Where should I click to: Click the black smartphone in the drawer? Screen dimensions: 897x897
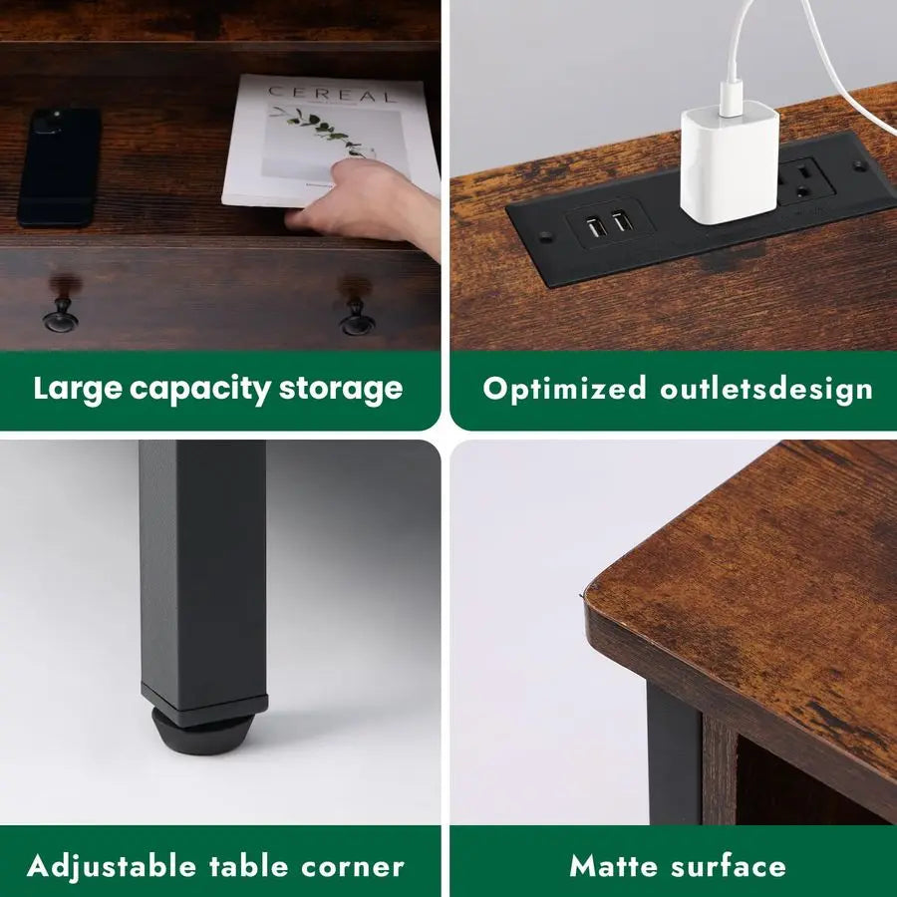[x=59, y=166]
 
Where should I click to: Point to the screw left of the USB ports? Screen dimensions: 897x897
[x=544, y=238]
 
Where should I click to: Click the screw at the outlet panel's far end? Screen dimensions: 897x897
[x=858, y=165]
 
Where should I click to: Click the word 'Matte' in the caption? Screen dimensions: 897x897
[x=615, y=865]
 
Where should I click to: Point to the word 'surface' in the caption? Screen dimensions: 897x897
[x=731, y=865]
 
